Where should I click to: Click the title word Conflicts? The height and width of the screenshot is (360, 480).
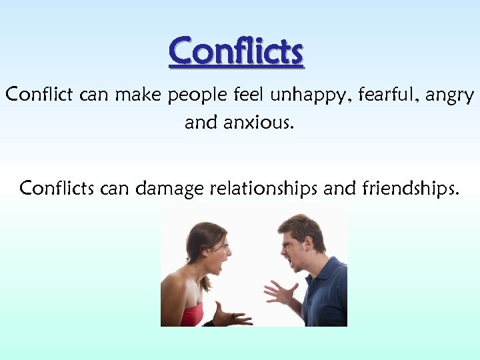pyautogui.click(x=237, y=51)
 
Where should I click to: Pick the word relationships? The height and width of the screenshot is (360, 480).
pyautogui.click(x=265, y=189)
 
